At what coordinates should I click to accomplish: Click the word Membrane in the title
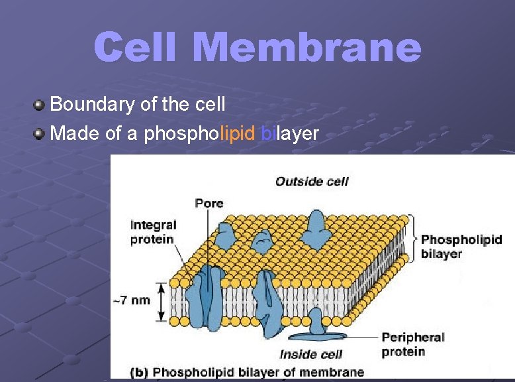(309, 48)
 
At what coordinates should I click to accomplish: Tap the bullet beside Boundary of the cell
(40, 104)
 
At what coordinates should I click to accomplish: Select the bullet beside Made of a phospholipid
(40, 134)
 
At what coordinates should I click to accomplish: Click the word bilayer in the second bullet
(290, 134)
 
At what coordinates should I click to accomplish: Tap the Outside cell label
(311, 181)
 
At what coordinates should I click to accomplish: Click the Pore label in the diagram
(209, 203)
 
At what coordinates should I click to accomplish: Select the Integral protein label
(152, 232)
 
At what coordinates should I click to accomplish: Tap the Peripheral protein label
(413, 344)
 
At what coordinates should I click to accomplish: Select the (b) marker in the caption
(139, 372)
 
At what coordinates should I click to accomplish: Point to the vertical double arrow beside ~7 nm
(162, 302)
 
